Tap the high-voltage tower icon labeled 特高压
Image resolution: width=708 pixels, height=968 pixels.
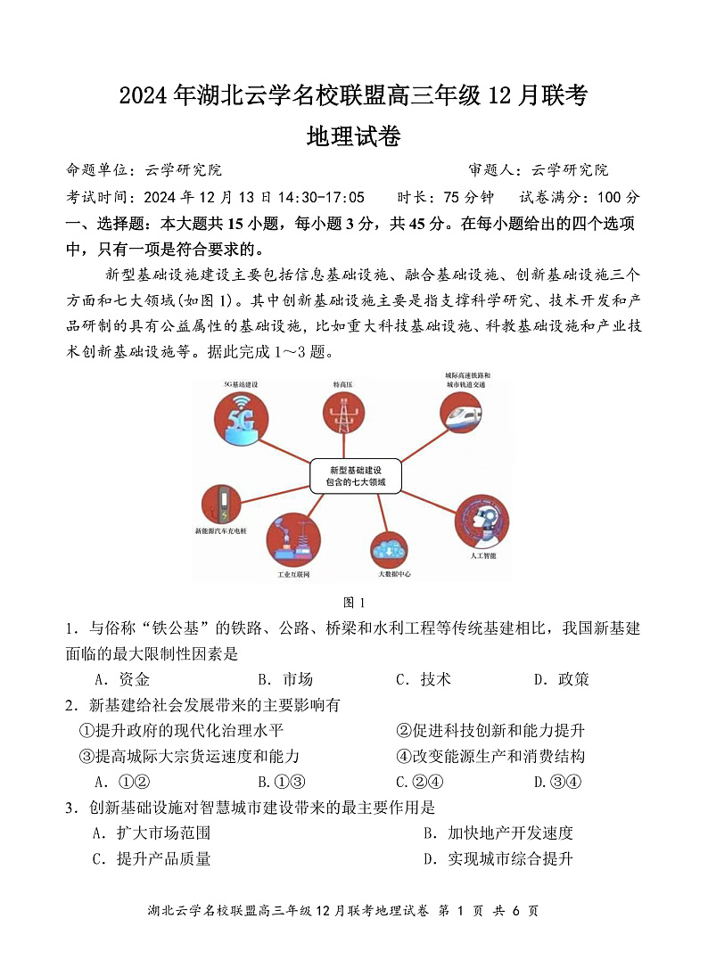pos(343,414)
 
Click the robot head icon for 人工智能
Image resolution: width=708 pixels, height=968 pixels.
pos(482,520)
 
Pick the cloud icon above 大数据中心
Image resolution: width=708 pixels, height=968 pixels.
pos(393,549)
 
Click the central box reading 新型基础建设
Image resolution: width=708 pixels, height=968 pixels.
pos(355,476)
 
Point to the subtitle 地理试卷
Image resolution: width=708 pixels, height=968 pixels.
pos(354,135)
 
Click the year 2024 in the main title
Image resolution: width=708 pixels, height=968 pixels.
pos(144,95)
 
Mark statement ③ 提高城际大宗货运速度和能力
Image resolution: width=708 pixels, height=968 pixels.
pos(189,757)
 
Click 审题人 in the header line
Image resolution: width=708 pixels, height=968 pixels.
pos(492,169)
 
